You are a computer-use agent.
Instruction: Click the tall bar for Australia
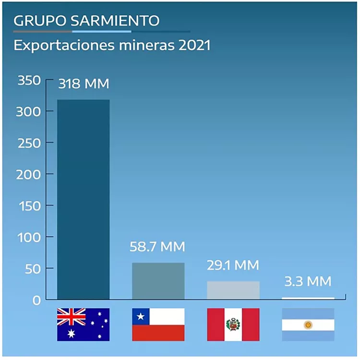(x=84, y=199)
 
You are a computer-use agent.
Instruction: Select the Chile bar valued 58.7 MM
(x=158, y=281)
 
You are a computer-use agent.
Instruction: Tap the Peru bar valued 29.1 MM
(x=233, y=290)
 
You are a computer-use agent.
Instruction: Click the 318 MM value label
(x=84, y=84)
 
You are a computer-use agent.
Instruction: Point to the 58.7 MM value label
(x=157, y=247)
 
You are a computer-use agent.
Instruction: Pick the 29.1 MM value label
(x=233, y=265)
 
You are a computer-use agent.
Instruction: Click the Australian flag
(x=84, y=324)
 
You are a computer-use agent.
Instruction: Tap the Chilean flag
(x=158, y=324)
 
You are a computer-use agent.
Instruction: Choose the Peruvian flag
(x=233, y=324)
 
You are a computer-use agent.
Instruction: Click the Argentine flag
(x=308, y=324)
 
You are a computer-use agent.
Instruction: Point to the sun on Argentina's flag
(x=308, y=325)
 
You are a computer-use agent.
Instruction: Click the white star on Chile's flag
(x=141, y=316)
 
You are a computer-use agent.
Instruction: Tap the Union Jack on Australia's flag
(x=71, y=316)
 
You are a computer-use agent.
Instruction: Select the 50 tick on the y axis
(x=33, y=268)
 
